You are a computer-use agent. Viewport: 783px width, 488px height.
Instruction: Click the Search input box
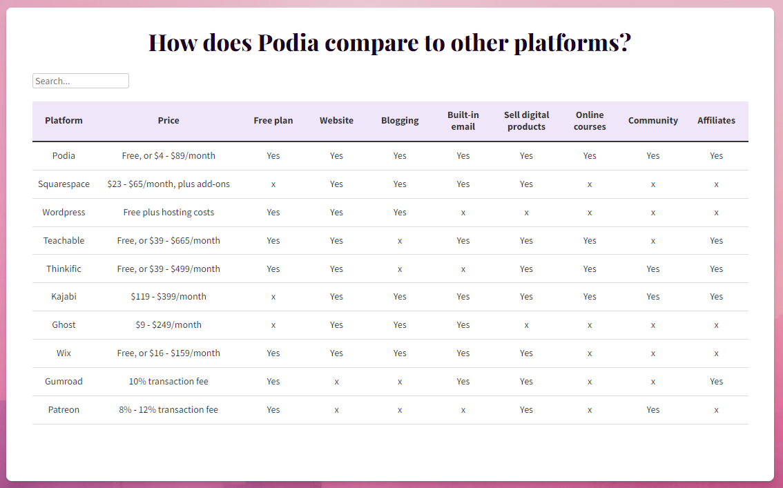80,81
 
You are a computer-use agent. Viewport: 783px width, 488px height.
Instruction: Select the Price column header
168,121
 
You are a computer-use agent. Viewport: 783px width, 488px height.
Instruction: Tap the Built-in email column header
463,121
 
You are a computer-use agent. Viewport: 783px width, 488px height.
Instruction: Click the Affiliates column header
716,121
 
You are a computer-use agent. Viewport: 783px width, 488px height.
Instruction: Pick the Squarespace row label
64,184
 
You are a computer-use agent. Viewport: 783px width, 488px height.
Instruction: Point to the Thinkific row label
64,269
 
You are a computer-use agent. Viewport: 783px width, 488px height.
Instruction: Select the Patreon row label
64,410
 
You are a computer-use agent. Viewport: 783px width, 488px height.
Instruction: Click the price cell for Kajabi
168,297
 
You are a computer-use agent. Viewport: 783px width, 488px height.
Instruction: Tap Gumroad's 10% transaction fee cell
168,382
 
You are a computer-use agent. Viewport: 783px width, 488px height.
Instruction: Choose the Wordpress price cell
168,213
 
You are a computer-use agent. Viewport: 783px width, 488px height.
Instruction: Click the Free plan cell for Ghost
273,325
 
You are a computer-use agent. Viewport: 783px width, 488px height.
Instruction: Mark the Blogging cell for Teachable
400,241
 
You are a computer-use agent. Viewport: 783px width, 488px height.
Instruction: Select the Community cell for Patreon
653,410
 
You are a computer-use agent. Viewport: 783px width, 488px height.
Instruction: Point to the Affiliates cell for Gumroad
716,382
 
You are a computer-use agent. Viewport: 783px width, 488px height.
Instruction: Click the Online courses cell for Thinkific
590,269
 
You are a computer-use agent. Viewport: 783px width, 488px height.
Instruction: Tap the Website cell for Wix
336,353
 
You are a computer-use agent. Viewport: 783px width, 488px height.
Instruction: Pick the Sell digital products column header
526,121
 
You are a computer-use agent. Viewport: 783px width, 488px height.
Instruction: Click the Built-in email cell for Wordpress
463,213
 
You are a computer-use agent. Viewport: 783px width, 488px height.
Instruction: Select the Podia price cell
168,156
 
